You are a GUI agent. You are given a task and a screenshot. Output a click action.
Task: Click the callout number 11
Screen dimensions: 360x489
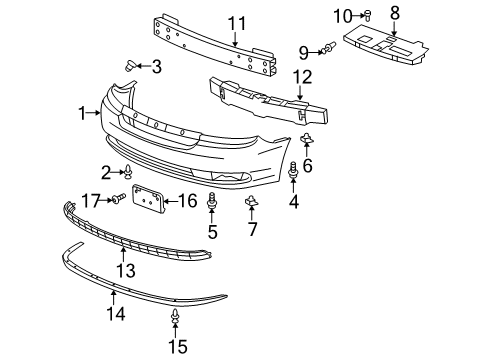pos(236,22)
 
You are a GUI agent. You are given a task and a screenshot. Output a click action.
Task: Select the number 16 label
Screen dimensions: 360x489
pos(187,201)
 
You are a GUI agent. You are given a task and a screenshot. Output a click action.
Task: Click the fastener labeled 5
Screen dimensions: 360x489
pos(212,205)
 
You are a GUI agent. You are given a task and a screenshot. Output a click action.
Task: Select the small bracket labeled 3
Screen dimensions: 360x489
pos(130,66)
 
